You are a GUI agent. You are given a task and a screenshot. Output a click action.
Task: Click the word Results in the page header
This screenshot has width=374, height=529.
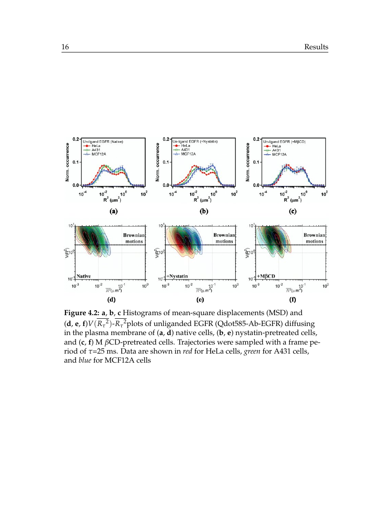(x=316, y=47)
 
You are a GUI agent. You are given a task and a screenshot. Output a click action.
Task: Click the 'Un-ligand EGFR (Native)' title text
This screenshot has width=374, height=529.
(x=103, y=142)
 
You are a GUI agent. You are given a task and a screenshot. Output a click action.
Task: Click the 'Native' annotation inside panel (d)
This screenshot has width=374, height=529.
(x=84, y=275)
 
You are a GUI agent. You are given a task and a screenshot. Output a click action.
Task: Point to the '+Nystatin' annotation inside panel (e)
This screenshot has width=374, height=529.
(x=178, y=275)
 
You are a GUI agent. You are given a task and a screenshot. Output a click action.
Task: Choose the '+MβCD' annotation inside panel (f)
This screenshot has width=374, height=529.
(x=267, y=275)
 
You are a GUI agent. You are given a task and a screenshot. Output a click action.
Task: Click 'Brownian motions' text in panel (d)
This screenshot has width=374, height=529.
(x=133, y=238)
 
